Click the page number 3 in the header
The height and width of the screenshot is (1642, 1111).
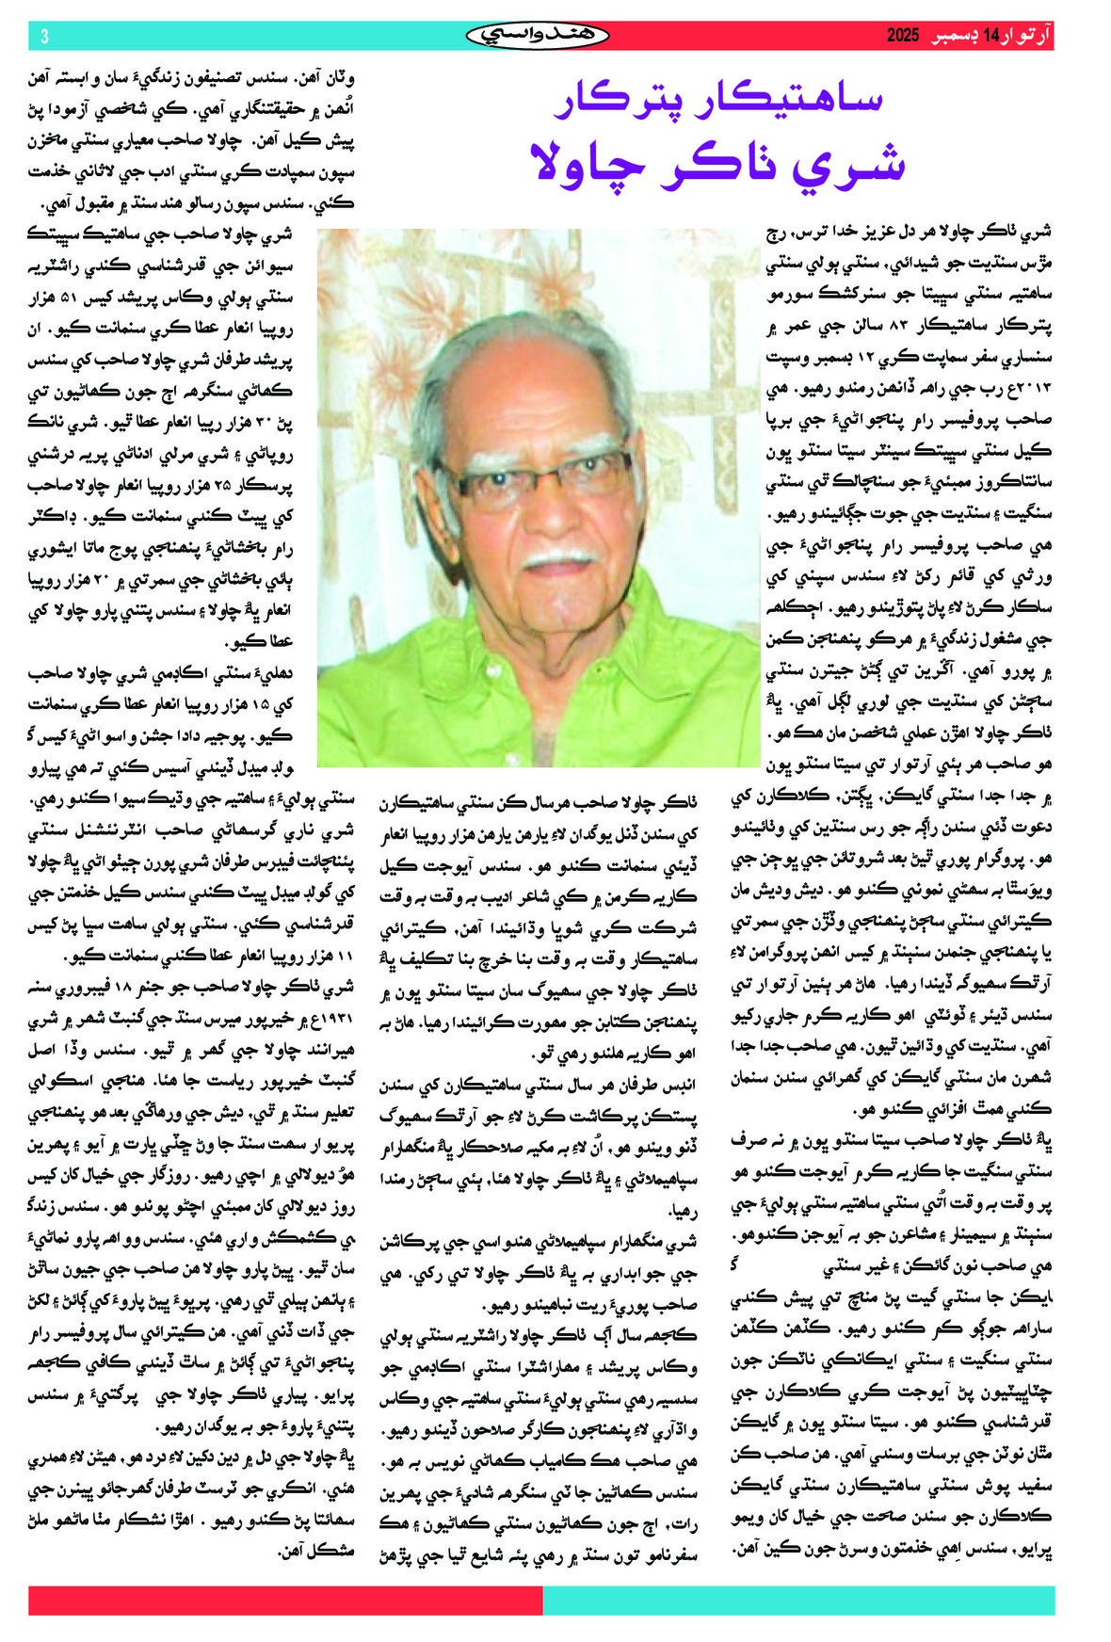pos(44,37)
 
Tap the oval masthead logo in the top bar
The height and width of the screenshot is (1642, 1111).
pos(538,36)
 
